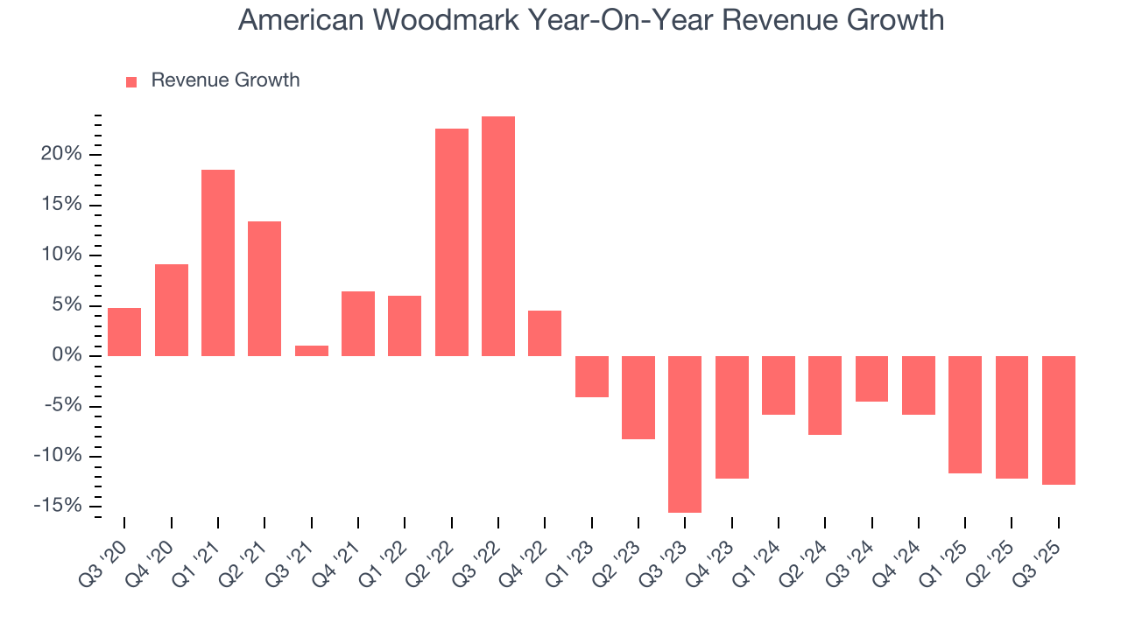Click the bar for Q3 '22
498,236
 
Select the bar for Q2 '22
452,242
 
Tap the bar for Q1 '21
218,262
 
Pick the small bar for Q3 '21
312,351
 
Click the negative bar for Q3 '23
685,434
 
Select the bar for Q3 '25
1059,420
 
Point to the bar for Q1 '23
592,376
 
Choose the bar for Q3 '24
872,379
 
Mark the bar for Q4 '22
545,333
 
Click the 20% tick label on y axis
60,155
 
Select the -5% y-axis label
63,406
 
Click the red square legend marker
131,82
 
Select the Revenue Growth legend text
225,80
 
